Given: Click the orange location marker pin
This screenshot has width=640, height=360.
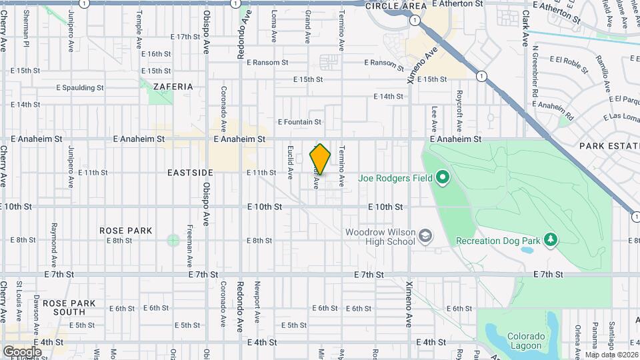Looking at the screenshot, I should pyautogui.click(x=320, y=159).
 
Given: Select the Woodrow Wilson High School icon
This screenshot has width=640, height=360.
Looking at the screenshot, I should pyautogui.click(x=425, y=237).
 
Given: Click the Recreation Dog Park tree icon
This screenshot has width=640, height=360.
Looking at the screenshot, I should pyautogui.click(x=550, y=239).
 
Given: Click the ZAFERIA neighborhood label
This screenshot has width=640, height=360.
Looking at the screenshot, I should pyautogui.click(x=173, y=87).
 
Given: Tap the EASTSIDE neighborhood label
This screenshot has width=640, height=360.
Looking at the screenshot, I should pyautogui.click(x=191, y=172).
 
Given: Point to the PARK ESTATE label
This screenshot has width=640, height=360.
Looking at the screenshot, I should pyautogui.click(x=609, y=145).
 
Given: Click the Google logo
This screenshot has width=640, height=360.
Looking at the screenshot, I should pyautogui.click(x=22, y=351).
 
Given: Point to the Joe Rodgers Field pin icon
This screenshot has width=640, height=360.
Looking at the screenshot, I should pyautogui.click(x=442, y=178).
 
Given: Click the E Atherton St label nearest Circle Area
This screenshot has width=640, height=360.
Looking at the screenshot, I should pyautogui.click(x=457, y=4).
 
